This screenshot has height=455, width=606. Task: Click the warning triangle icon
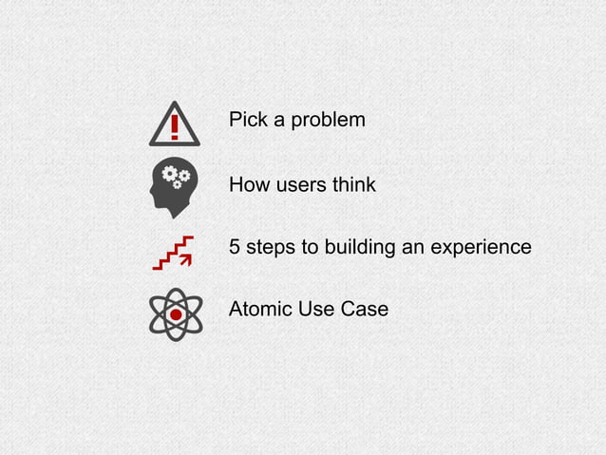pyautogui.click(x=175, y=124)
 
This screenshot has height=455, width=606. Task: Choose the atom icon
pyautogui.click(x=175, y=314)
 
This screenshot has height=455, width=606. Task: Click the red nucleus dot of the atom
pyautogui.click(x=175, y=314)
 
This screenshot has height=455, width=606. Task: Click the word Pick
pyautogui.click(x=247, y=122)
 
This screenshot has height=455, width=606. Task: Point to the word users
pyautogui.click(x=300, y=184)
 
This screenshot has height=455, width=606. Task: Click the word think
pyautogui.click(x=353, y=184)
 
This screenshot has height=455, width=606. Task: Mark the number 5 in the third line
pyautogui.click(x=235, y=247)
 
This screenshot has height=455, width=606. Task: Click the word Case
pyautogui.click(x=365, y=310)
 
